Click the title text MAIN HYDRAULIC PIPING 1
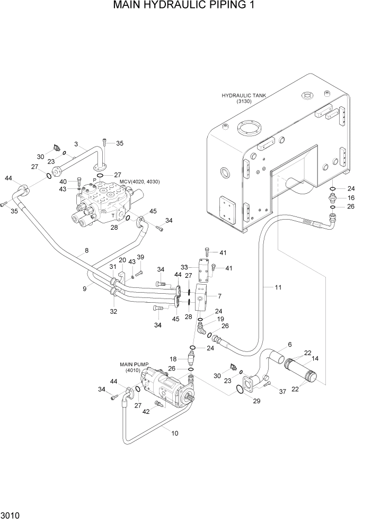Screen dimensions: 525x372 185,7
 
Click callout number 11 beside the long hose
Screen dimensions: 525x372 278,287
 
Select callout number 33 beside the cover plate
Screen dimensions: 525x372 184,267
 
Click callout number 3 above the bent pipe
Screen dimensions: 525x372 76,144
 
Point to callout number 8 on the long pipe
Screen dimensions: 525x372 86,250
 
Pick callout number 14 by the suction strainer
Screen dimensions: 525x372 316,358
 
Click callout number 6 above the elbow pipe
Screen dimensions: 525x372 289,345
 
